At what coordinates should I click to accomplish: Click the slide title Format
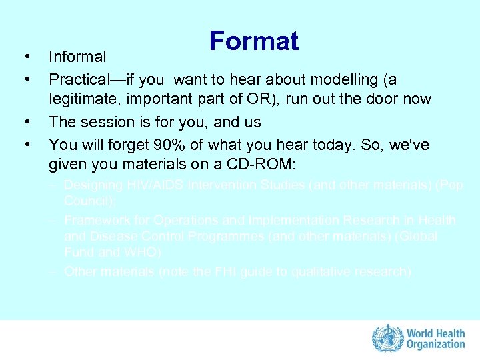click(253, 41)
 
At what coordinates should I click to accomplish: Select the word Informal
click(77, 57)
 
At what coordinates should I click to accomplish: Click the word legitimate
click(85, 100)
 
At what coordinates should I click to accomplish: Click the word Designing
click(93, 185)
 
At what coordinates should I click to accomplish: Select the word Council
click(87, 200)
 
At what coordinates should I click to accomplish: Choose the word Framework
click(97, 220)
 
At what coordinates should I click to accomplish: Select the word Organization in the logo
click(437, 345)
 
